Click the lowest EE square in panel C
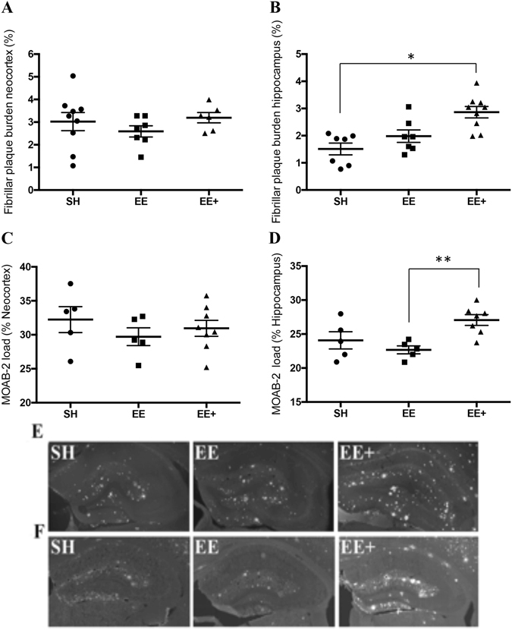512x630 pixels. click(138, 365)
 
